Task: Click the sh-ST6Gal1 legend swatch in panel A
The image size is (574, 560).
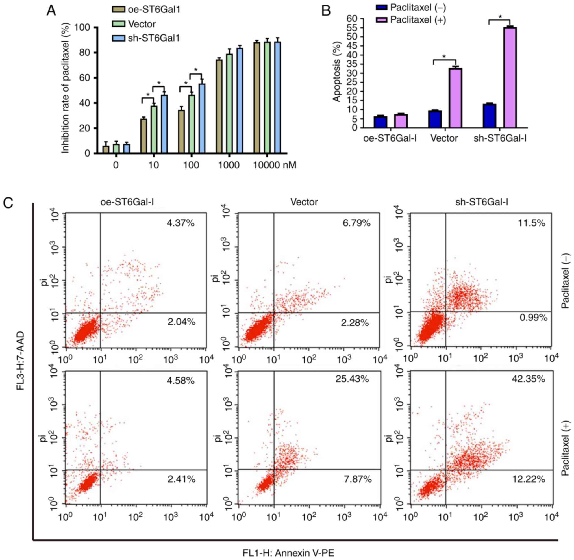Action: point(119,38)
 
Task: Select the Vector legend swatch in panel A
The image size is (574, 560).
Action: point(119,24)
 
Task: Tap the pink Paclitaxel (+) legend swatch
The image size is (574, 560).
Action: point(382,20)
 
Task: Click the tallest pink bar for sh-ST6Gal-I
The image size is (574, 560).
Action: point(510,77)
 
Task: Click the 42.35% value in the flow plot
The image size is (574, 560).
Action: point(529,379)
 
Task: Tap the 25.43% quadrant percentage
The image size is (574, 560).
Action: point(352,379)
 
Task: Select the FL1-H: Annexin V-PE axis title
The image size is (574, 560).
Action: point(288,553)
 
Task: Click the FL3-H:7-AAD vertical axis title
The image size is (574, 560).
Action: point(20,357)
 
